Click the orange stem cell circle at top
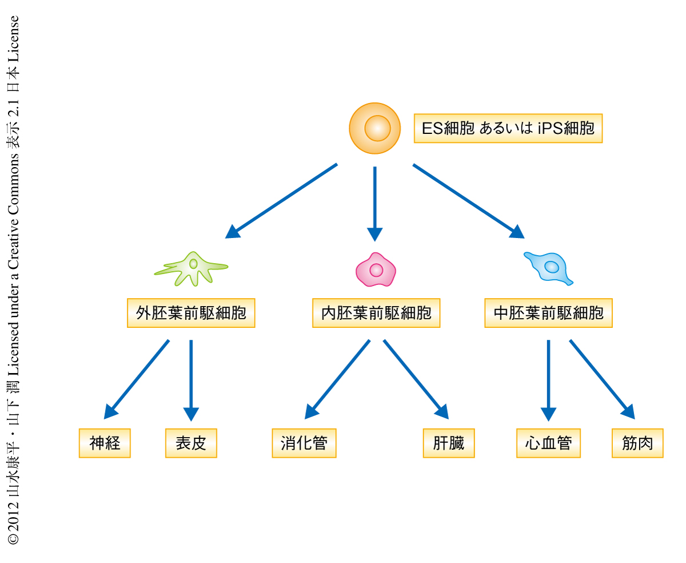coord(375,128)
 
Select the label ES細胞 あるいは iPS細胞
coord(508,128)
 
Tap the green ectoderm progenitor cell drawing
coord(192,268)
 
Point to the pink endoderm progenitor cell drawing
coord(376,269)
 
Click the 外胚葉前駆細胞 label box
coord(191,313)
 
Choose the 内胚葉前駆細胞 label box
coord(376,313)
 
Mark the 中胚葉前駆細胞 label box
coord(548,313)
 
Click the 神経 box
coord(105,443)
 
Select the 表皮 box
coord(191,443)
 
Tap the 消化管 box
coord(304,443)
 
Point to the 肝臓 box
coord(449,443)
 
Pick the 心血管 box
coord(548,443)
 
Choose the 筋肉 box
coord(637,443)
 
